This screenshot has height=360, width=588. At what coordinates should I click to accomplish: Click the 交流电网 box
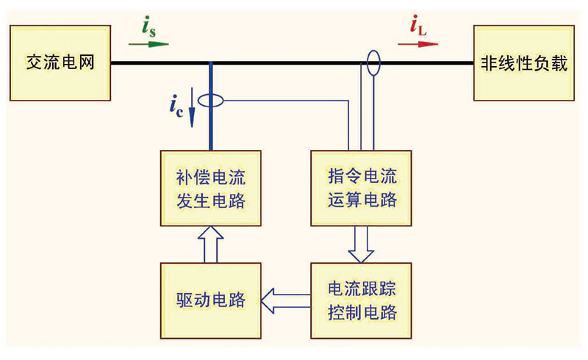pyautogui.click(x=60, y=63)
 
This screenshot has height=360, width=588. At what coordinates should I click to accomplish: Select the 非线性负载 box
pyautogui.click(x=524, y=63)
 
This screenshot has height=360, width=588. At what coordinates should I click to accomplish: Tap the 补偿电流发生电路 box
pyautogui.click(x=211, y=188)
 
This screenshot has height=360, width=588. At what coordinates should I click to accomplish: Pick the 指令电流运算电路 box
pyautogui.click(x=360, y=188)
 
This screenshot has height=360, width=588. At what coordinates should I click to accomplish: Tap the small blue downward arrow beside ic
pyautogui.click(x=193, y=116)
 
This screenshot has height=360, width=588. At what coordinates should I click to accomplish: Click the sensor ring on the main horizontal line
pyautogui.click(x=373, y=63)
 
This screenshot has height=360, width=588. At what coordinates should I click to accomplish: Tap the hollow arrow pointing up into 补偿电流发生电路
pyautogui.click(x=211, y=243)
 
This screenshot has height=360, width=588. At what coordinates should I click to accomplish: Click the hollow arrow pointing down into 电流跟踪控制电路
pyautogui.click(x=360, y=243)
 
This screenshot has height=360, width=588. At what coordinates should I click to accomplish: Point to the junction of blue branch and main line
pyautogui.click(x=211, y=63)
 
